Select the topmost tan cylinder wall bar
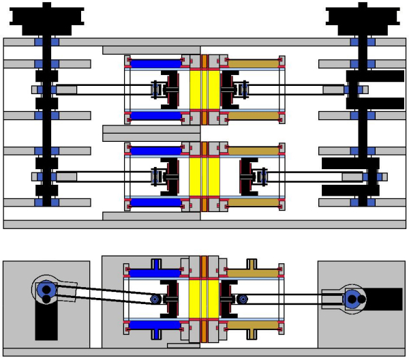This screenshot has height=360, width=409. point(252,63)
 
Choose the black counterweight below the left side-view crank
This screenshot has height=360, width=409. point(46,323)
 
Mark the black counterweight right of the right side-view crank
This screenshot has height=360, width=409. point(385,298)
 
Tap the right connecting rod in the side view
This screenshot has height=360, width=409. point(286,296)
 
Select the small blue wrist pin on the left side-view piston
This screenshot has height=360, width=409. point(156,299)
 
